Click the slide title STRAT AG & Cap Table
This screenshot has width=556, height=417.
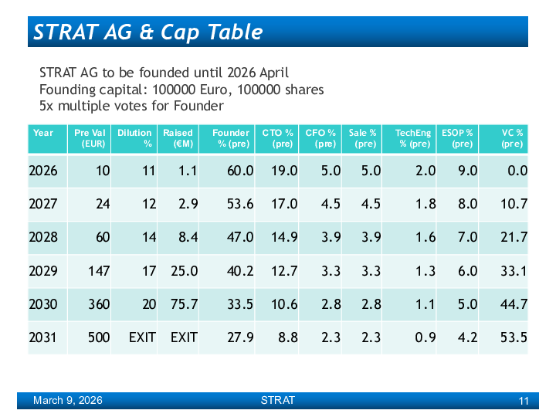click(x=148, y=32)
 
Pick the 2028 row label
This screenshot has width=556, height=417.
click(x=43, y=237)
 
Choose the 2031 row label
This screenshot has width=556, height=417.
click(x=43, y=337)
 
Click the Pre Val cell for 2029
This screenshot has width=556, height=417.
click(x=98, y=271)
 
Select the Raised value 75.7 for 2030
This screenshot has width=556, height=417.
click(x=183, y=304)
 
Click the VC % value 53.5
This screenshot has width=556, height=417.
click(x=514, y=337)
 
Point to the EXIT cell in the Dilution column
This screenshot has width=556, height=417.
click(x=142, y=337)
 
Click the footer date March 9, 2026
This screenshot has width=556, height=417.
click(x=67, y=401)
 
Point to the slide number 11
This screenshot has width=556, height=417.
click(x=524, y=401)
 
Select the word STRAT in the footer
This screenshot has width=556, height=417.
click(x=277, y=401)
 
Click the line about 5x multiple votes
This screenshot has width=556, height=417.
click(x=131, y=106)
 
